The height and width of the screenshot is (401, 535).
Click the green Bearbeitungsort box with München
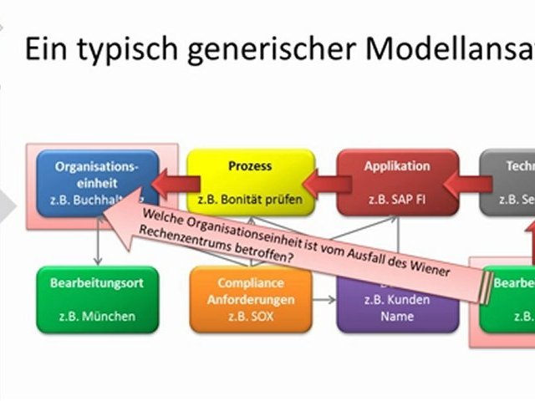(97, 300)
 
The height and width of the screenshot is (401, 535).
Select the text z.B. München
(97, 317)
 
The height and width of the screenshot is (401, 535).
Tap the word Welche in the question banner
(164, 216)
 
